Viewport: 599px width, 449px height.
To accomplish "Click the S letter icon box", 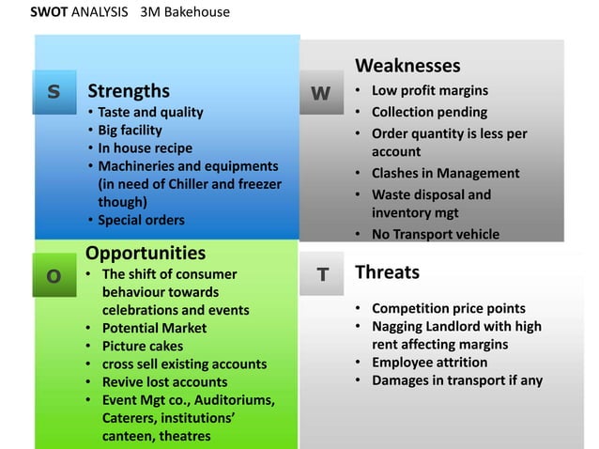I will [x=54, y=91].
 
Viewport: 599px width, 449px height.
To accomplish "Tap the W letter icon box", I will [x=321, y=92].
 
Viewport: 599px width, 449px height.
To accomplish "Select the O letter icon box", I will [x=54, y=275].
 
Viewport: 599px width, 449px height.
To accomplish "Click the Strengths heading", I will [x=128, y=91].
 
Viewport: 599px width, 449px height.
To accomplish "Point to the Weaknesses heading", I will [x=407, y=66].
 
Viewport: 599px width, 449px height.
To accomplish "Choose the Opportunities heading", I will [x=146, y=253].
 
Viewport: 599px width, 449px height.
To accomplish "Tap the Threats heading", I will [x=387, y=272].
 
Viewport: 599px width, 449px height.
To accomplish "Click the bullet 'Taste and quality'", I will [x=150, y=112].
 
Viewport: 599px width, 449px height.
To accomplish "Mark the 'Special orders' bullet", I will [x=141, y=220].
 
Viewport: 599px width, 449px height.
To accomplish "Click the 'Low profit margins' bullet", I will [x=429, y=91].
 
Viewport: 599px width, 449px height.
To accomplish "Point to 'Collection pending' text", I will [x=429, y=112].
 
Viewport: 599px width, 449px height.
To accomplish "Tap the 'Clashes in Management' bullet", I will [x=445, y=173].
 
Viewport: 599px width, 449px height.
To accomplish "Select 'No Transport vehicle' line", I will [x=436, y=234].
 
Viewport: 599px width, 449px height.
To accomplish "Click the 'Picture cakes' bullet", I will [x=143, y=346].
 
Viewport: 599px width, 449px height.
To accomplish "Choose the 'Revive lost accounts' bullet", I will [x=164, y=381].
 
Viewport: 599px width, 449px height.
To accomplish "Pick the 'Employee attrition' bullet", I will [x=429, y=362].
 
